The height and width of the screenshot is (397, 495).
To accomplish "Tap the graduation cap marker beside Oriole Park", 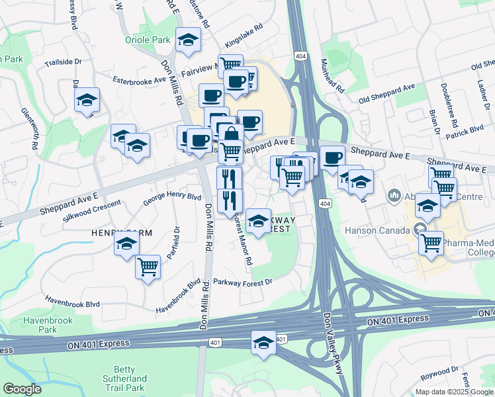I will coord(188,41).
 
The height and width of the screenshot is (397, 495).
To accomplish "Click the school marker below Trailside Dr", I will coord(87,101).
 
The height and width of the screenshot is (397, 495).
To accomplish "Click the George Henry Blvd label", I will coord(172,197).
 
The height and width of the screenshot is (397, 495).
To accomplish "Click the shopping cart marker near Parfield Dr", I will coord(148,267).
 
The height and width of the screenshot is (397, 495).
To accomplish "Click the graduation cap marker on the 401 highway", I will coord(263,343).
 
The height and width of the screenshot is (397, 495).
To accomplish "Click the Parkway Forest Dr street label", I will coord(243,282).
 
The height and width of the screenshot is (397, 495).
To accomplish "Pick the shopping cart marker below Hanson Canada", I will coord(431,242).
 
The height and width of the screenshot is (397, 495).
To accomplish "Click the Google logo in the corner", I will coord(22,389).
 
